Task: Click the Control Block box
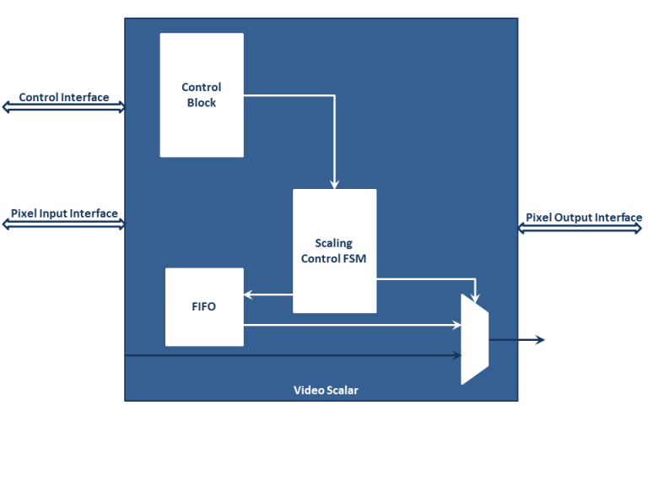coord(202,94)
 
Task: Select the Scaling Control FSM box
coord(334,251)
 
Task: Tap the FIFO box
coord(204,306)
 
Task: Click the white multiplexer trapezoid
coord(474,339)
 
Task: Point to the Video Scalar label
coord(321,390)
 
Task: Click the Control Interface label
coord(64,97)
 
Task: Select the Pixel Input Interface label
coord(64,213)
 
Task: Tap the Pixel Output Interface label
coord(583,218)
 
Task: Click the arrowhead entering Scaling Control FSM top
coord(334,183)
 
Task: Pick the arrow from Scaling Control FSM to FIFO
coord(267,294)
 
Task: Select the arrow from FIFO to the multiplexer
coord(354,324)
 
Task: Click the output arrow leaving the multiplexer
coord(516,340)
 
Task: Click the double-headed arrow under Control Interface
coord(63,107)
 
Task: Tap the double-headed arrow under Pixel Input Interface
coord(63,224)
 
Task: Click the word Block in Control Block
coord(202,103)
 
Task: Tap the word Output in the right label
coord(574,218)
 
